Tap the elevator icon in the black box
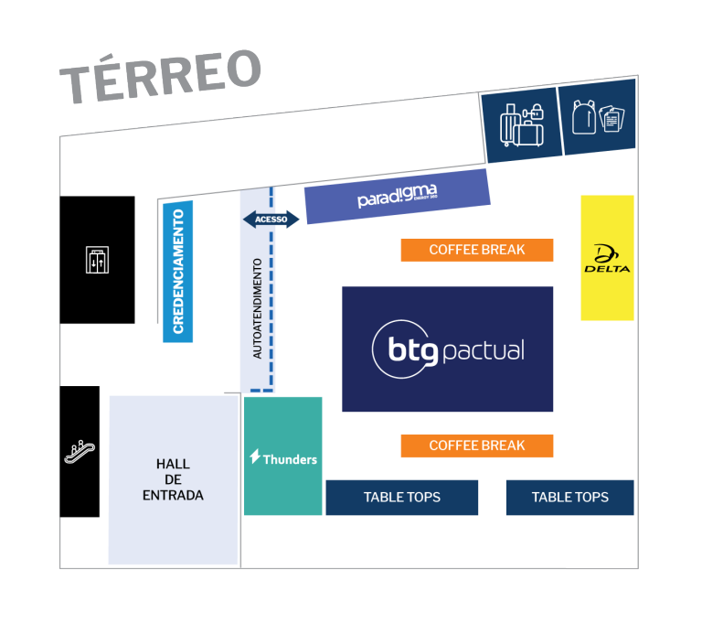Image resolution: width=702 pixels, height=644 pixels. click(x=96, y=260)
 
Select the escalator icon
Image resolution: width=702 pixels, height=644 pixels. click(x=80, y=450)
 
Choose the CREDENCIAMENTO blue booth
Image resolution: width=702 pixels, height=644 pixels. click(x=177, y=272)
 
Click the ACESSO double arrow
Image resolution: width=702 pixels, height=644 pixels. click(x=271, y=220)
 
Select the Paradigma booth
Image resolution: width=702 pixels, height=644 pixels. click(x=397, y=197)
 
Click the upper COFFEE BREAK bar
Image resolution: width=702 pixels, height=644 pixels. click(x=476, y=250)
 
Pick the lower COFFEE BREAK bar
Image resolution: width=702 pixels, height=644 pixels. click(x=476, y=445)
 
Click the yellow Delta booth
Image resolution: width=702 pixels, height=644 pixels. click(x=607, y=258)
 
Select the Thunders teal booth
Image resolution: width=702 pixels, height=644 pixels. click(x=282, y=456)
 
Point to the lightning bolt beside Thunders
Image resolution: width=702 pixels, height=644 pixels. click(x=255, y=457)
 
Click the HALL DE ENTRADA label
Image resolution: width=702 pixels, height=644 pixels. click(x=173, y=480)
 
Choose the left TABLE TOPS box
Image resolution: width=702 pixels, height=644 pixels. click(x=401, y=498)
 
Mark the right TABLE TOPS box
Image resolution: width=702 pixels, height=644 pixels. click(x=569, y=498)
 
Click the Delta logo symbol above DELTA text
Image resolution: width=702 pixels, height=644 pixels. click(x=606, y=253)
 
